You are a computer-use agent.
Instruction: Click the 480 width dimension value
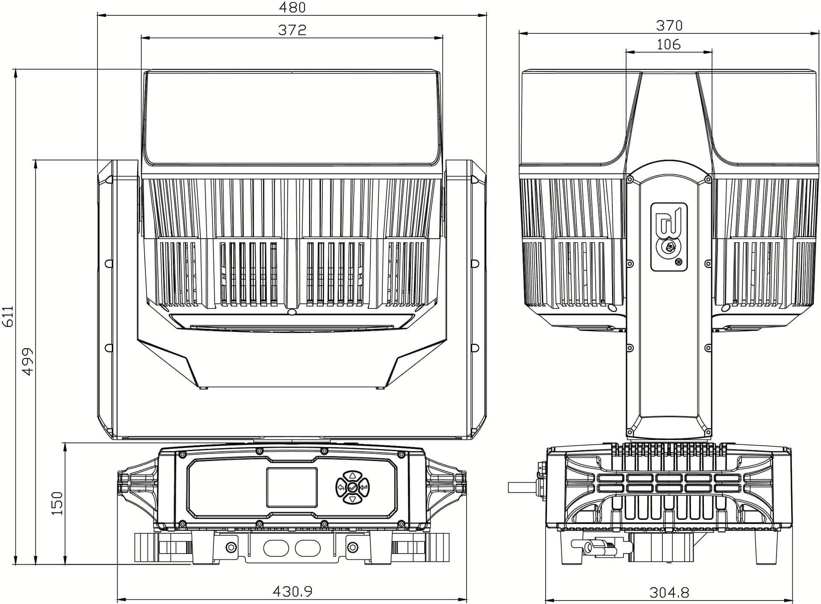pyautogui.click(x=292, y=7)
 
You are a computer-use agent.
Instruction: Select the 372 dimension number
pyautogui.click(x=292, y=30)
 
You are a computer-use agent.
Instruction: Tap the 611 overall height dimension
pyautogui.click(x=8, y=317)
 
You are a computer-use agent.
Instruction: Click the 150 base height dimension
pyautogui.click(x=57, y=503)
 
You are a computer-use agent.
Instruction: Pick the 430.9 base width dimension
pyautogui.click(x=292, y=591)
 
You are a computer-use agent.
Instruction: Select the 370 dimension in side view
pyautogui.click(x=669, y=26)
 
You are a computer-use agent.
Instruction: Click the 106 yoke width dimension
pyautogui.click(x=668, y=44)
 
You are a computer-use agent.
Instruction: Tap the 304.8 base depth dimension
pyautogui.click(x=669, y=592)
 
